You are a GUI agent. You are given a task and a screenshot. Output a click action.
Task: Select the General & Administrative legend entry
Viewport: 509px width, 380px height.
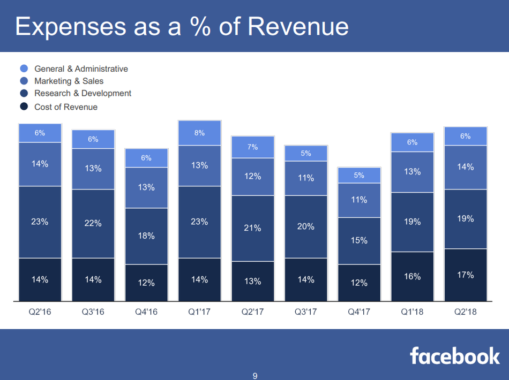[x=81, y=69]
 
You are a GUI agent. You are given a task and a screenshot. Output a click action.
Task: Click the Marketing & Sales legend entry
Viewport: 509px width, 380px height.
[x=69, y=81]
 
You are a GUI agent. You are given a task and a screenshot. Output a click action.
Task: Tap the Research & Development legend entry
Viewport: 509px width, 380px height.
[x=83, y=93]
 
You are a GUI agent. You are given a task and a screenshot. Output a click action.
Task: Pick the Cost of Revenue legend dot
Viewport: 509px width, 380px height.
[x=24, y=107]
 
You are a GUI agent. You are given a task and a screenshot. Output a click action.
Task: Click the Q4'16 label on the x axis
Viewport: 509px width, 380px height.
[x=146, y=312]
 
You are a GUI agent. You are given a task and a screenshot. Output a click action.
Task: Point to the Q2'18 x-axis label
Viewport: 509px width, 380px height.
[x=465, y=312]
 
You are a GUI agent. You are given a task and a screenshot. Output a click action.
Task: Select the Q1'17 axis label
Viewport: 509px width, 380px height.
[x=199, y=312]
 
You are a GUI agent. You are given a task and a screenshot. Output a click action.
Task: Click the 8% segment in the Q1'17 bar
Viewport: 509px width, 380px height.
[x=199, y=133]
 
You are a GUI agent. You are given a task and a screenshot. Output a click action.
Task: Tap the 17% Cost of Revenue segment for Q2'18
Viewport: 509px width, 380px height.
[x=465, y=275]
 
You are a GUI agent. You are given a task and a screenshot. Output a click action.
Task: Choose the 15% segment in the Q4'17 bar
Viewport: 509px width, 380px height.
[x=359, y=241]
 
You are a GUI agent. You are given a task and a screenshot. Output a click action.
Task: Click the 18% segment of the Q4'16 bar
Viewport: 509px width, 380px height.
[x=146, y=236]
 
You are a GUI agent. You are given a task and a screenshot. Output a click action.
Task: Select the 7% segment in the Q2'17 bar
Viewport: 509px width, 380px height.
[x=252, y=147]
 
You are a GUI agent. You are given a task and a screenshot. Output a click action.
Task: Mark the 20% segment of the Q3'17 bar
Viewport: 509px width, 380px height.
[x=305, y=226]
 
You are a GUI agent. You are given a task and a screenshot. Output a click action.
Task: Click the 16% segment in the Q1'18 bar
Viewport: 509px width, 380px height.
[x=412, y=277]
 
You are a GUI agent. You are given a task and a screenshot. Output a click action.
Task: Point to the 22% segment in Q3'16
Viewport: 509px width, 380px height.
[x=93, y=224]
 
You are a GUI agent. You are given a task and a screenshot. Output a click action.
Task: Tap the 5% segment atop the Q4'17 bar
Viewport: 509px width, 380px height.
[x=359, y=175]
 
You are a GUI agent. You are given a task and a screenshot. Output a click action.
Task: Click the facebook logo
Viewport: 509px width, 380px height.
[x=455, y=356]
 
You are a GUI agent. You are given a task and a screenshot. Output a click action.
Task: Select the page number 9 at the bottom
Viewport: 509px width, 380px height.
[x=254, y=376]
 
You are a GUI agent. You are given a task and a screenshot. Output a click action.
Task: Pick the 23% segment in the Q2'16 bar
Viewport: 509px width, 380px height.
[x=40, y=222]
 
